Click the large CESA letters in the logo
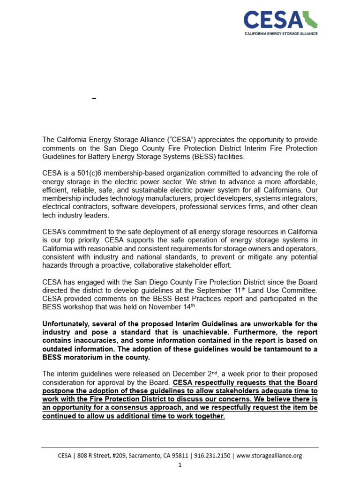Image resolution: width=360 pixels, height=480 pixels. coord(273,21)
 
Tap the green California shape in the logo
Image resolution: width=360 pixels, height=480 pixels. coord(310,20)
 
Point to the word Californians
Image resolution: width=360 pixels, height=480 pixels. coord(278,190)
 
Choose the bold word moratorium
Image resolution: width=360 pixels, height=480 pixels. coord(84,357)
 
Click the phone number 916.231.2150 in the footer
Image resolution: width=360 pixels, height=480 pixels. coord(213,455)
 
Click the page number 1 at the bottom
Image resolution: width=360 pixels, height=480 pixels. coord(180,465)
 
